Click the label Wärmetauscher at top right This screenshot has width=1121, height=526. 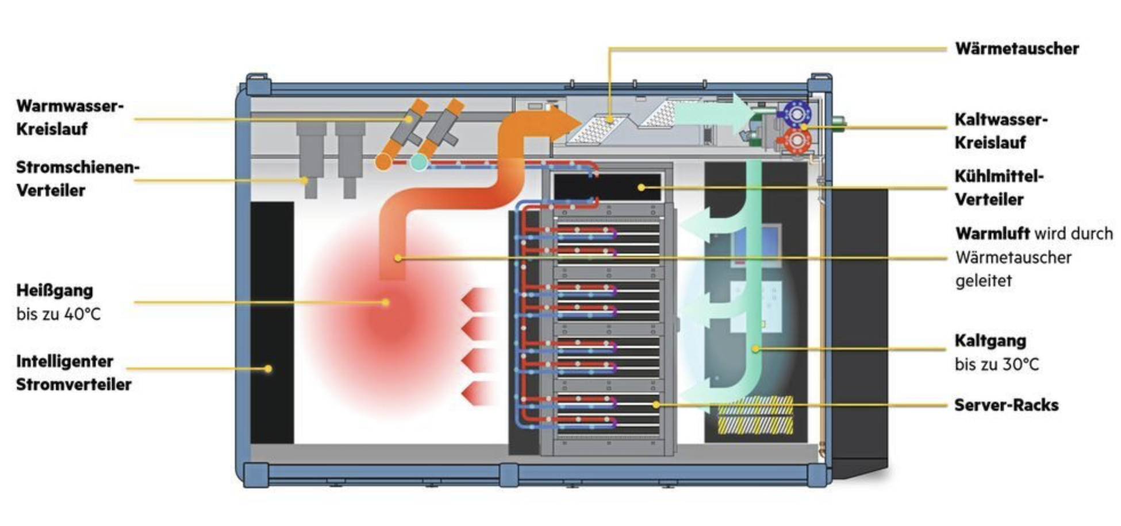click(x=1016, y=49)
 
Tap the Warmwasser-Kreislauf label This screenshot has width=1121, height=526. click(x=70, y=118)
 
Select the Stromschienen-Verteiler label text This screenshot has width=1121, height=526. click(x=78, y=179)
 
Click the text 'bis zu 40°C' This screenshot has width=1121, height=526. click(x=58, y=315)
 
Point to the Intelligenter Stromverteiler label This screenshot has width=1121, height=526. click(x=74, y=373)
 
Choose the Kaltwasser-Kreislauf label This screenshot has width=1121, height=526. click(x=1001, y=131)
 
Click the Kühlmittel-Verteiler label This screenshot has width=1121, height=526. click(x=999, y=188)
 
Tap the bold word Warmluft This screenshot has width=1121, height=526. click(x=992, y=234)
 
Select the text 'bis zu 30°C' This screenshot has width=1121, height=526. click(x=997, y=365)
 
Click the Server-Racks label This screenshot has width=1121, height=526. click(x=1006, y=405)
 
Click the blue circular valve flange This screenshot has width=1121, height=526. click(x=796, y=114)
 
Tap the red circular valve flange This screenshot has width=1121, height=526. click(x=796, y=140)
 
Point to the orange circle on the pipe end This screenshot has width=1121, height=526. click(x=383, y=162)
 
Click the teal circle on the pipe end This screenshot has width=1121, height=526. click(x=419, y=163)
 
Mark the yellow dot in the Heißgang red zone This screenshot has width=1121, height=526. click(x=386, y=302)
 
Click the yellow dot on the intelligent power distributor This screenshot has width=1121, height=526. click(x=268, y=369)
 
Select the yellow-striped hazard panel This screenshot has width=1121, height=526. click(x=755, y=415)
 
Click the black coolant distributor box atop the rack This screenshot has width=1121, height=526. click(x=607, y=187)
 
